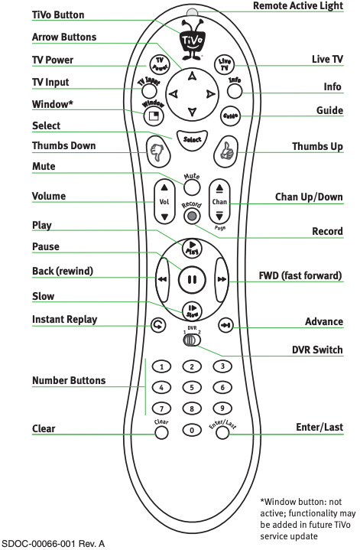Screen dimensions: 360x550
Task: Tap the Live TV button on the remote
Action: (225, 64)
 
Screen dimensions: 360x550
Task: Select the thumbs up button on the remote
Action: (225, 152)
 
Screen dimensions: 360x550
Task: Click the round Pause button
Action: (192, 279)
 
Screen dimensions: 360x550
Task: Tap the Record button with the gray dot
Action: (192, 216)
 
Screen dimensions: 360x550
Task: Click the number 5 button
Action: (192, 388)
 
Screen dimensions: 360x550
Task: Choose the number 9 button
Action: (222, 408)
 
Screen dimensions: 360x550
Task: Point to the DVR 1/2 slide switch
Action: (192, 340)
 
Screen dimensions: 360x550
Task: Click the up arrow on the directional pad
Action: (191, 76)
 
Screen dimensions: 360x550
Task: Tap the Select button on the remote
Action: (192, 140)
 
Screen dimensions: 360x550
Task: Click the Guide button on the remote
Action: (230, 116)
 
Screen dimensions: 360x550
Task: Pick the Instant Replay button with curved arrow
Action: (158, 325)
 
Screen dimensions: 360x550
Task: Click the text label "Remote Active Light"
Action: (298, 5)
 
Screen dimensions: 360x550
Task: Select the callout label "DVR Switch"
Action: (317, 350)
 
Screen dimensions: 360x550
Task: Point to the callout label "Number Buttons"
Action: (69, 380)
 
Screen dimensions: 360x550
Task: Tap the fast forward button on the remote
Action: (222, 279)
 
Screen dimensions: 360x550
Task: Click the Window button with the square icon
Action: (154, 116)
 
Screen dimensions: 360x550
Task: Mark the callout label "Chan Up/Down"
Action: (309, 197)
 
